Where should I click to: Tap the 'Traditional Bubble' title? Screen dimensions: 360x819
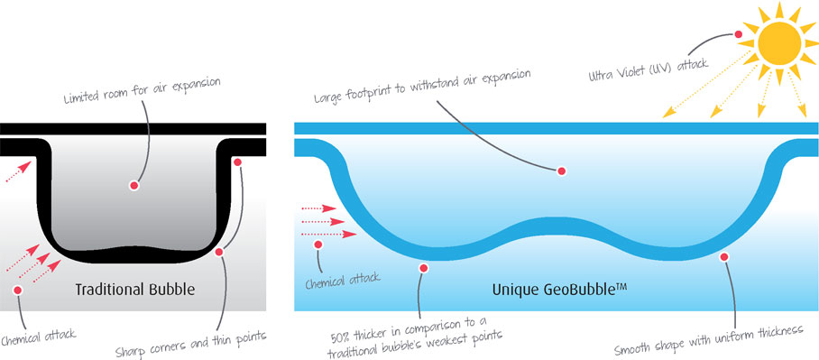135,290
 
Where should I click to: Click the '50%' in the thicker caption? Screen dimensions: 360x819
349,318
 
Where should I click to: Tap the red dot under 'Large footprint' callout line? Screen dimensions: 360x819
561,170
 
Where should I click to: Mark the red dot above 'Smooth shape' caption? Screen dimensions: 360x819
723,257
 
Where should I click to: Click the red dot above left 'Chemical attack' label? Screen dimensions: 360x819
17,289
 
